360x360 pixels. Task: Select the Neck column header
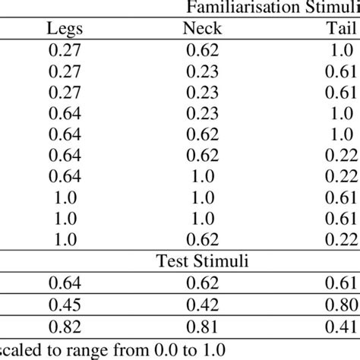[x=201, y=29]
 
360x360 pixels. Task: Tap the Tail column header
[x=338, y=29]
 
